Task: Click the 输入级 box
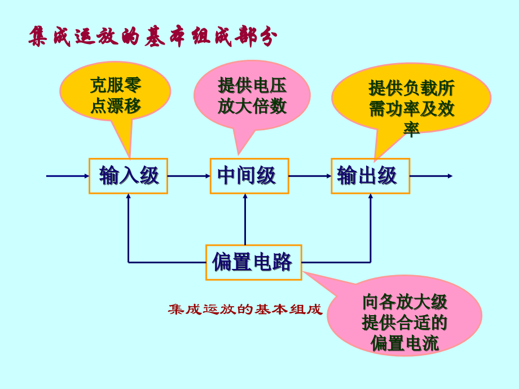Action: tap(128, 176)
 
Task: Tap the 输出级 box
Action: tap(370, 176)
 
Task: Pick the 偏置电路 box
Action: tap(253, 262)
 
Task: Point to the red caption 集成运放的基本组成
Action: tap(245, 310)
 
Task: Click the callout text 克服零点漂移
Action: tap(115, 95)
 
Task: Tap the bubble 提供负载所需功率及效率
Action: tap(411, 104)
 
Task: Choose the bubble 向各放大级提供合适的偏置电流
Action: tap(404, 322)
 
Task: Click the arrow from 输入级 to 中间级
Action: tap(188, 176)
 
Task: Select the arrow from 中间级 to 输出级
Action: tap(310, 176)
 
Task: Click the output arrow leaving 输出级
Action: tap(431, 176)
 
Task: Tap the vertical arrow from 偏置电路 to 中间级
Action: tap(245, 220)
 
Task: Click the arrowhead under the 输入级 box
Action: tap(129, 197)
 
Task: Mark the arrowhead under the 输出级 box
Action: tap(371, 197)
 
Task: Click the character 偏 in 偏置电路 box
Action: tap(222, 262)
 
